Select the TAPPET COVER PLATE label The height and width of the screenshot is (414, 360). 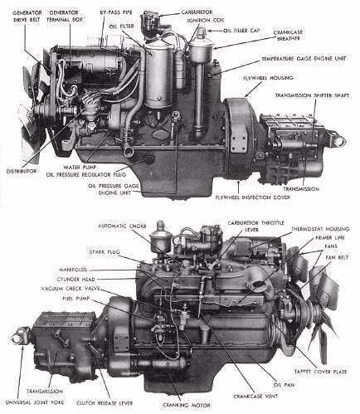pyautogui.click(x=321, y=369)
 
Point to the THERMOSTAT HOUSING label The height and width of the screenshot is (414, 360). pyautogui.click(x=316, y=235)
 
